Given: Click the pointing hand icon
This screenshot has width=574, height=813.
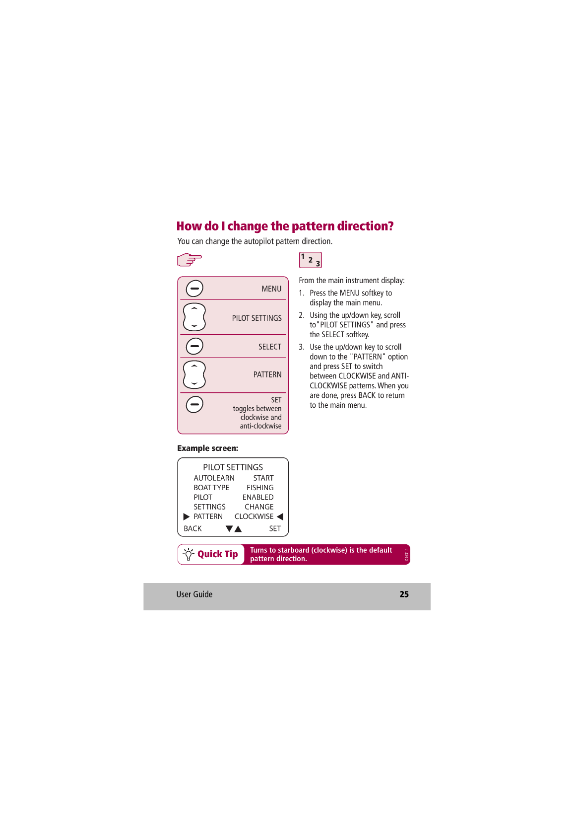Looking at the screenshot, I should point(189,259).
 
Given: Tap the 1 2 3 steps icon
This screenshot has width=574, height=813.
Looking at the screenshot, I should point(311,260).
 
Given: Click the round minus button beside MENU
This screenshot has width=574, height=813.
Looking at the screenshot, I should point(194,289).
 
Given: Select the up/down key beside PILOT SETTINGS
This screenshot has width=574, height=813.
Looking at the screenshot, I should point(194,317).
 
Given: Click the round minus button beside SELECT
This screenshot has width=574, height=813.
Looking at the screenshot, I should point(194,346).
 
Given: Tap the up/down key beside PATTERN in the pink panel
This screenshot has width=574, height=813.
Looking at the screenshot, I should point(194,374).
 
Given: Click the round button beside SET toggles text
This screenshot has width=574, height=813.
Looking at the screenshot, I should point(194,404).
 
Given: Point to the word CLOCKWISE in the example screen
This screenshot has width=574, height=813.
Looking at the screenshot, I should point(254,517).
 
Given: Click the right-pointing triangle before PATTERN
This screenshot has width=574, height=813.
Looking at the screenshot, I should point(187,517).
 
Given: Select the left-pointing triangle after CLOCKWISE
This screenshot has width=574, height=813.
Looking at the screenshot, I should point(280,517).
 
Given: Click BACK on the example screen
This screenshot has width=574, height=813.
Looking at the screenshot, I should point(192,528).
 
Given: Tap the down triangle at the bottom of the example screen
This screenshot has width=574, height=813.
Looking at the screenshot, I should point(229,529).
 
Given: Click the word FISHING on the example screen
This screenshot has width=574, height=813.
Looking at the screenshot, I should point(260,488).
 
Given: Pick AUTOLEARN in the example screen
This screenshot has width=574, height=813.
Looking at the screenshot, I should point(214,478).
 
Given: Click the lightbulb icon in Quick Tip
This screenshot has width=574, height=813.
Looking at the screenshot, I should point(189,554).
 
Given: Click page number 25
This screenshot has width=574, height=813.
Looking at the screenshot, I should point(404,594).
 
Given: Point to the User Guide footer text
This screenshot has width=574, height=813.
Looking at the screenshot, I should point(194,594).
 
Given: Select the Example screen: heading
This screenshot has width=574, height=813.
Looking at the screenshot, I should point(207,448).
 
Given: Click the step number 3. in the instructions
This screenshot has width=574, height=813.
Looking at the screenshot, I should point(302,347).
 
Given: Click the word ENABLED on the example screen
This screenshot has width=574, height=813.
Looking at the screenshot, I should point(258,497).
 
